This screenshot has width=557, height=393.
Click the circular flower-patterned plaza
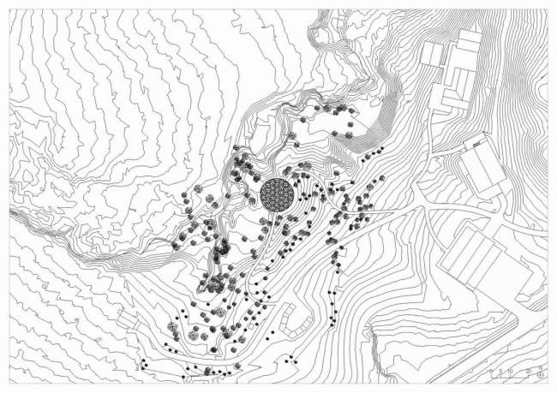277,194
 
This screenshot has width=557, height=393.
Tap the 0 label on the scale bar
489,371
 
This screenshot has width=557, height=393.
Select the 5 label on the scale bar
500,371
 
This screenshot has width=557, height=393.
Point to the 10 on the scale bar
511,371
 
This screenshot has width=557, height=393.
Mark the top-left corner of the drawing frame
9,9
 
